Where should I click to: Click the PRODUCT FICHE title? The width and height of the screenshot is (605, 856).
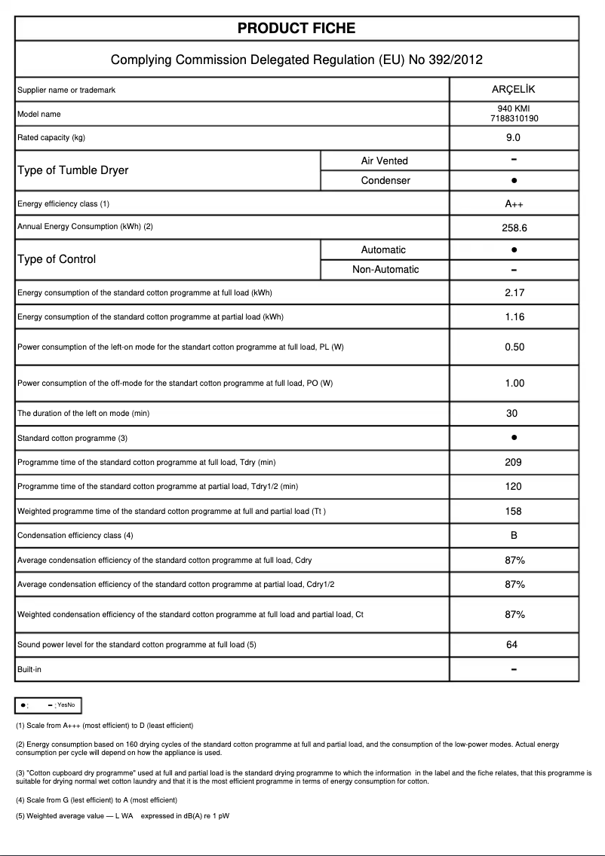click(x=296, y=29)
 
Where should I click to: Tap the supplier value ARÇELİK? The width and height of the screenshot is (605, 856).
click(x=513, y=90)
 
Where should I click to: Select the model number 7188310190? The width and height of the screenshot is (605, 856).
click(x=514, y=119)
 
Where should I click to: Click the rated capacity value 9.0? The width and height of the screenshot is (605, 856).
click(x=513, y=138)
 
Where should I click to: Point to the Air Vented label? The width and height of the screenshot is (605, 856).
click(x=385, y=160)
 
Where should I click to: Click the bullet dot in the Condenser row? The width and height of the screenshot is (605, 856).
click(x=514, y=181)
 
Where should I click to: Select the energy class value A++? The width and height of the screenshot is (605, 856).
click(x=514, y=204)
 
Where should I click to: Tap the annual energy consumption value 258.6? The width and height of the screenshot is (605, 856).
click(x=514, y=227)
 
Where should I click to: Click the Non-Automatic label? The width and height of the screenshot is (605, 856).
click(x=385, y=270)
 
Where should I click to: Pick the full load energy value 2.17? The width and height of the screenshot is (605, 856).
click(x=514, y=293)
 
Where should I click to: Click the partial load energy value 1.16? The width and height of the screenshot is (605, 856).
click(x=514, y=317)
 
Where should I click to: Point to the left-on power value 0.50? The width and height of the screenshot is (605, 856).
click(x=514, y=347)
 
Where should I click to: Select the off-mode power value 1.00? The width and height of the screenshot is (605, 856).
click(x=514, y=384)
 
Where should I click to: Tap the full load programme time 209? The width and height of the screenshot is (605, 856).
click(x=514, y=463)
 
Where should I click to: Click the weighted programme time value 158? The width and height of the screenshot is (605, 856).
click(x=514, y=512)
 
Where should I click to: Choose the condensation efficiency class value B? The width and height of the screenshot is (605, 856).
click(x=514, y=536)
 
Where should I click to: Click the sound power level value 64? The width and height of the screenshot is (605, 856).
click(x=513, y=645)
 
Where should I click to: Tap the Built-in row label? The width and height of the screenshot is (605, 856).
click(x=29, y=669)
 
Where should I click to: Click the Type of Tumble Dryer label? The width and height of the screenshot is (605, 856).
click(x=72, y=170)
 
